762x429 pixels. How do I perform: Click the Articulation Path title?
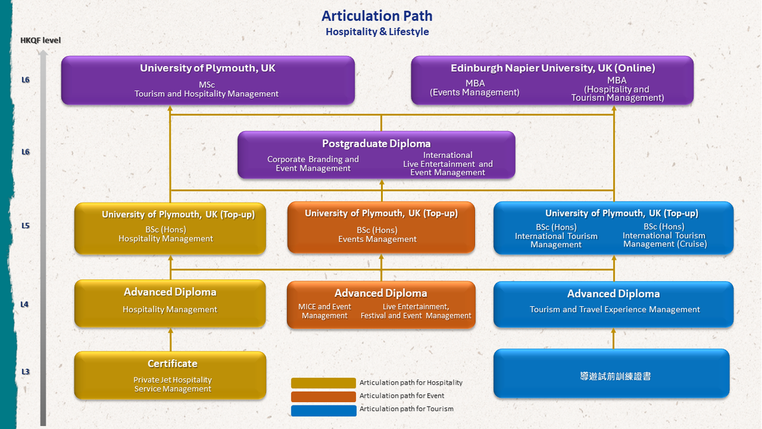coord(377,16)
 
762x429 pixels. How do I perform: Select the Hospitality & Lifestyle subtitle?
coord(377,32)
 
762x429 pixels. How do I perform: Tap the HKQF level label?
coord(41,41)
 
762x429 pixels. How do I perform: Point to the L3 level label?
coord(25,372)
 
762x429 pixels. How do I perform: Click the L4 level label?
coord(25,304)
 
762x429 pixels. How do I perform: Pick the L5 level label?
coord(25,226)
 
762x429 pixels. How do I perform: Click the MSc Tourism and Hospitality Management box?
coord(208,80)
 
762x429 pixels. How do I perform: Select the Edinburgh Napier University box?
coord(552,80)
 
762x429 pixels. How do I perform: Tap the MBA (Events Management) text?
coord(474,88)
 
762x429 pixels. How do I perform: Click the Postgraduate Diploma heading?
coord(376,144)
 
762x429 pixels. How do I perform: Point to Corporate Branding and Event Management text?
coord(313,164)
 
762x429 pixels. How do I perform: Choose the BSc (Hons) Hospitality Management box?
coord(170,228)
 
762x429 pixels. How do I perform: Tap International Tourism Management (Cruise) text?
coord(664,236)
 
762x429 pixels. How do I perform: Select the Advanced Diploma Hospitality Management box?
coord(170,304)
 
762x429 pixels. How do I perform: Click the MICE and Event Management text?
coord(324,311)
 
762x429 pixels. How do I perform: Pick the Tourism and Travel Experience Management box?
coord(613,304)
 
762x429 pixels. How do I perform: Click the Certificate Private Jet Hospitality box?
coord(170,375)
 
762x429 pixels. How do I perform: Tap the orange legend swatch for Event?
coord(323,397)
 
